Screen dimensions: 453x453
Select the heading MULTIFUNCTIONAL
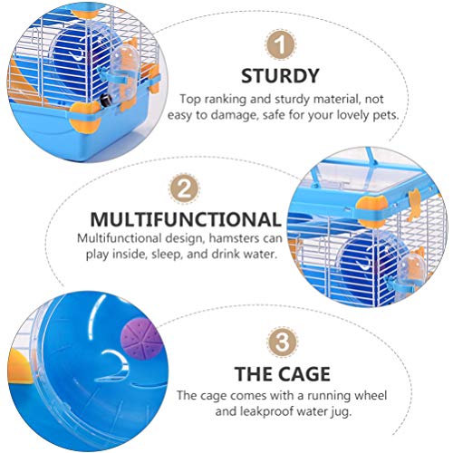click(x=184, y=219)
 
